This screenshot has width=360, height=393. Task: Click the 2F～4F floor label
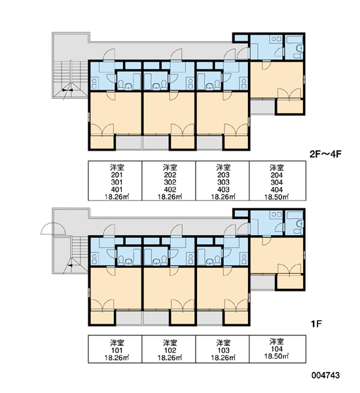(325, 154)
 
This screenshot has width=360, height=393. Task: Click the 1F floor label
(316, 324)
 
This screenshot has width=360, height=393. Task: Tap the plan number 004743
(326, 375)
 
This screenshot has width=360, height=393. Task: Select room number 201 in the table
(117, 175)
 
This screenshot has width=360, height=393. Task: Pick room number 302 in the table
(170, 182)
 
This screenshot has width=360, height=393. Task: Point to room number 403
(223, 189)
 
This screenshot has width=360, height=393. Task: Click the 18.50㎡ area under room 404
(277, 196)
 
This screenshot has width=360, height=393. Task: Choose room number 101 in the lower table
(117, 350)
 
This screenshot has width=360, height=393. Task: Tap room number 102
(170, 350)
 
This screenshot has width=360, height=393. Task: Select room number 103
(223, 350)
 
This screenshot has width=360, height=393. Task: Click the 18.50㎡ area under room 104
(277, 356)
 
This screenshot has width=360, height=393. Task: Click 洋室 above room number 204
(277, 168)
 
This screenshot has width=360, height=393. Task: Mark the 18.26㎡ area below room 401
(117, 196)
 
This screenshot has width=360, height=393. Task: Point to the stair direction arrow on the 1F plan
(70, 265)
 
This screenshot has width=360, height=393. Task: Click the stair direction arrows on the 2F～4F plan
(67, 90)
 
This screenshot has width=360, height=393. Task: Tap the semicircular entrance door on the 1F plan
(53, 229)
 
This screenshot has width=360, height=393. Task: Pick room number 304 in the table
(277, 182)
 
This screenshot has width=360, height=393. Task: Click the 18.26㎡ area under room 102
(170, 358)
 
